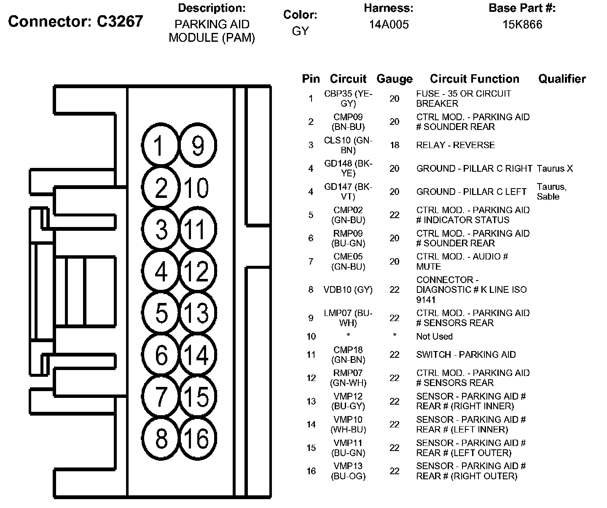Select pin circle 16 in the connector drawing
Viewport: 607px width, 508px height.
(197, 438)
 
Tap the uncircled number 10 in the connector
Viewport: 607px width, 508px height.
(196, 188)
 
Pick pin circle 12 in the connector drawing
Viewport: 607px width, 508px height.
(197, 271)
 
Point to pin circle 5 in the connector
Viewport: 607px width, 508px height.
(161, 313)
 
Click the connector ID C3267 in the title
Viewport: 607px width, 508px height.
(120, 21)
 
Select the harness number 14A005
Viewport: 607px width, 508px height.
(389, 24)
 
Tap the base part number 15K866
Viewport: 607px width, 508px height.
(522, 24)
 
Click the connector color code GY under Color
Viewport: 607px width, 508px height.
(300, 31)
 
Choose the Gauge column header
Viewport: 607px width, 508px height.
(394, 79)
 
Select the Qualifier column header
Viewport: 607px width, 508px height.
(562, 79)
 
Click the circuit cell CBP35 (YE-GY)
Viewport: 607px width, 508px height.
(348, 98)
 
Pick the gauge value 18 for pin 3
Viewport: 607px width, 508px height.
(394, 145)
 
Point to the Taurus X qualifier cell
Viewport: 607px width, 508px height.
(555, 169)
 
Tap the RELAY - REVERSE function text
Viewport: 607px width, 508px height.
(455, 145)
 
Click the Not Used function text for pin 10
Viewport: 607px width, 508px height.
(434, 336)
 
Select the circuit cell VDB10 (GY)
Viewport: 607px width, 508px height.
(348, 290)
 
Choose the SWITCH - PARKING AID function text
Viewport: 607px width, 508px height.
(466, 354)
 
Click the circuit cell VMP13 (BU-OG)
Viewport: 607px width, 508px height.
(348, 471)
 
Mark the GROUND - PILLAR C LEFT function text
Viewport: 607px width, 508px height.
(471, 192)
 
